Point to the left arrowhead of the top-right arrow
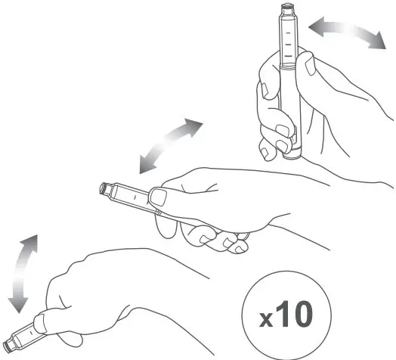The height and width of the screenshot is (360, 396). (x=313, y=29)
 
